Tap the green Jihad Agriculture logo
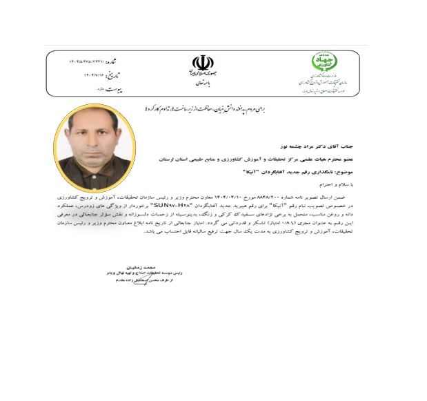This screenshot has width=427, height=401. click(x=324, y=62)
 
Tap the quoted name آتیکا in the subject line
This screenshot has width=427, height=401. click(x=258, y=170)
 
